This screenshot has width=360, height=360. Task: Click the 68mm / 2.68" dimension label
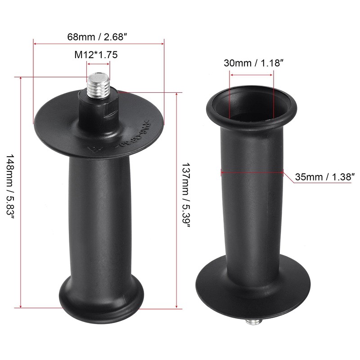[98, 36]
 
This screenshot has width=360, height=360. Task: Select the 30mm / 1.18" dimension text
[253, 63]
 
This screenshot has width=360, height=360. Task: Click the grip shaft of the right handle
[251, 202]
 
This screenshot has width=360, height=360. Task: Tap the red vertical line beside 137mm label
[176, 252]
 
